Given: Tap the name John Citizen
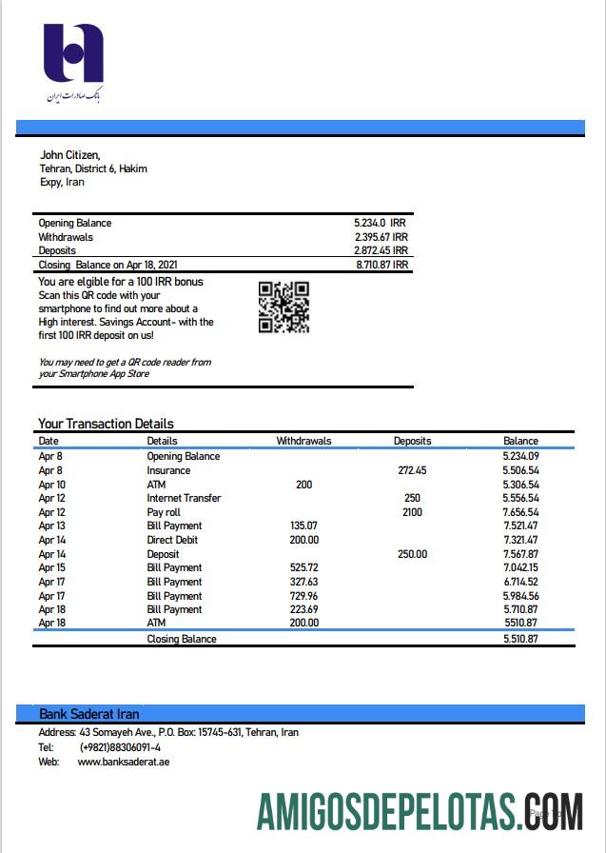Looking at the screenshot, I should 69,155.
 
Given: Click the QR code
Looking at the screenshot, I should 283,307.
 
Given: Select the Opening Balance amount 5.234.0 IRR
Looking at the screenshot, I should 380,223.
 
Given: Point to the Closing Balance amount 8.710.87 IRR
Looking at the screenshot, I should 381,265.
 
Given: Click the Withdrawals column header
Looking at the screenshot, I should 303,441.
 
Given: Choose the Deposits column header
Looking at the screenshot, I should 412,441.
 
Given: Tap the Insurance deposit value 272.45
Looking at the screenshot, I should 412,470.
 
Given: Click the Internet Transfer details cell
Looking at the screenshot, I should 184,498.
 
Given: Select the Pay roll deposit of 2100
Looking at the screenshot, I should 412,512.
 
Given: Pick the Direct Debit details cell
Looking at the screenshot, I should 172,540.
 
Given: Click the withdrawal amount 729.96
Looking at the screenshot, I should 303,595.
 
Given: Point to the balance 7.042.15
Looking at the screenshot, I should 520,567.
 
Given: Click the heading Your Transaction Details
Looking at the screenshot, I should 106,424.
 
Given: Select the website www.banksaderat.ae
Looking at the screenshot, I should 124,762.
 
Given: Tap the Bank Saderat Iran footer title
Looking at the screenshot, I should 89,714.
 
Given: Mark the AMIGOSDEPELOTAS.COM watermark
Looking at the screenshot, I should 419,811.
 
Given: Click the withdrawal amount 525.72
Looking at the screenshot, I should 303,567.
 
